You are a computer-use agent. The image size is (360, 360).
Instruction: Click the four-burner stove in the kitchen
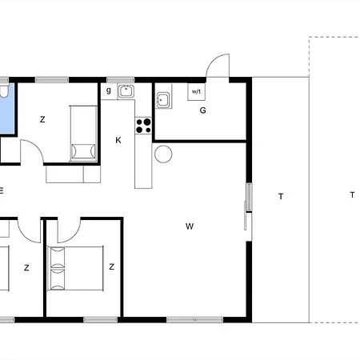(x=144, y=125)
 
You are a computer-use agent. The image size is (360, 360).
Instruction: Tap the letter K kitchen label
(x=118, y=141)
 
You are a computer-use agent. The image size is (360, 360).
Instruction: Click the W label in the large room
(x=190, y=226)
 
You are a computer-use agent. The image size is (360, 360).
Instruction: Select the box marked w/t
(x=197, y=91)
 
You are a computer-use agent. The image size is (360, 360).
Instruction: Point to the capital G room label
(x=203, y=110)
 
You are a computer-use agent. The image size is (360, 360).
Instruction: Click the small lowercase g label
(x=109, y=90)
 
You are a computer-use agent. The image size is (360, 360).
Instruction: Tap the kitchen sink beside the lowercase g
(x=126, y=90)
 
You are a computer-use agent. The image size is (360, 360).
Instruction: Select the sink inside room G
(x=163, y=101)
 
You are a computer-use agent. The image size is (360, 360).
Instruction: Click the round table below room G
(x=163, y=154)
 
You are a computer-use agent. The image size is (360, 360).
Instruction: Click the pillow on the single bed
(x=82, y=150)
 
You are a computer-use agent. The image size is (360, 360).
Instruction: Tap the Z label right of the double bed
(x=111, y=266)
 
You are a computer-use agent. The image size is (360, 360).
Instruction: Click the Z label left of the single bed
(x=42, y=120)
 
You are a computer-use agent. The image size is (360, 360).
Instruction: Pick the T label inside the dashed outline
(x=351, y=194)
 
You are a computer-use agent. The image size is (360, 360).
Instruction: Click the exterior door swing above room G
(x=218, y=66)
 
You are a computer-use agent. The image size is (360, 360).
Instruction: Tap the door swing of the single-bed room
(x=32, y=151)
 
